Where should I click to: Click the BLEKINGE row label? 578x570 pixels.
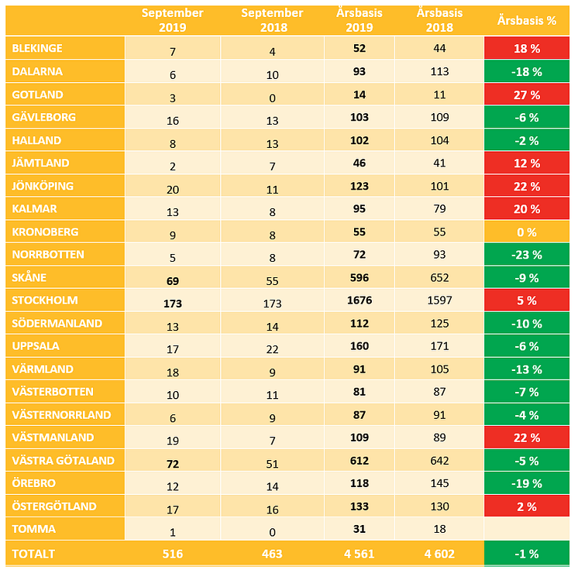click(x=37, y=48)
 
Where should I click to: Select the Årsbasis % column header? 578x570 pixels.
click(x=526, y=21)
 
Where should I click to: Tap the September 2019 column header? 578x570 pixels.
click(x=172, y=20)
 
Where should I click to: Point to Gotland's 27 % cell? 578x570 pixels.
click(x=526, y=94)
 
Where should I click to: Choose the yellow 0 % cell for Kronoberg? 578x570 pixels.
click(x=526, y=232)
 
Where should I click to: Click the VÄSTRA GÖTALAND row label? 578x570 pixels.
click(x=64, y=460)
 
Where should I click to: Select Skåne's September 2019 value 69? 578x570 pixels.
click(x=172, y=278)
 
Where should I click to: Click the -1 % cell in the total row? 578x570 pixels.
click(x=526, y=554)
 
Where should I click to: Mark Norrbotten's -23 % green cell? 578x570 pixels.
click(x=526, y=255)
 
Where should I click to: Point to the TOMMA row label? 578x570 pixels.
click(x=33, y=529)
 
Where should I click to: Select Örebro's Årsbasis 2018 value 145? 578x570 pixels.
click(x=439, y=484)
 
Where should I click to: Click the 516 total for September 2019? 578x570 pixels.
click(x=172, y=554)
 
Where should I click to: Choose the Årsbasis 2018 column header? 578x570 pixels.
click(x=439, y=20)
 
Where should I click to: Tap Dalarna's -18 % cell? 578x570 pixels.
click(x=526, y=71)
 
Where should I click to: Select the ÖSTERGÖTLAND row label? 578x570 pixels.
click(x=54, y=506)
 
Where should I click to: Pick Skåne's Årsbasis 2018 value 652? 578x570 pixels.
click(x=439, y=278)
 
